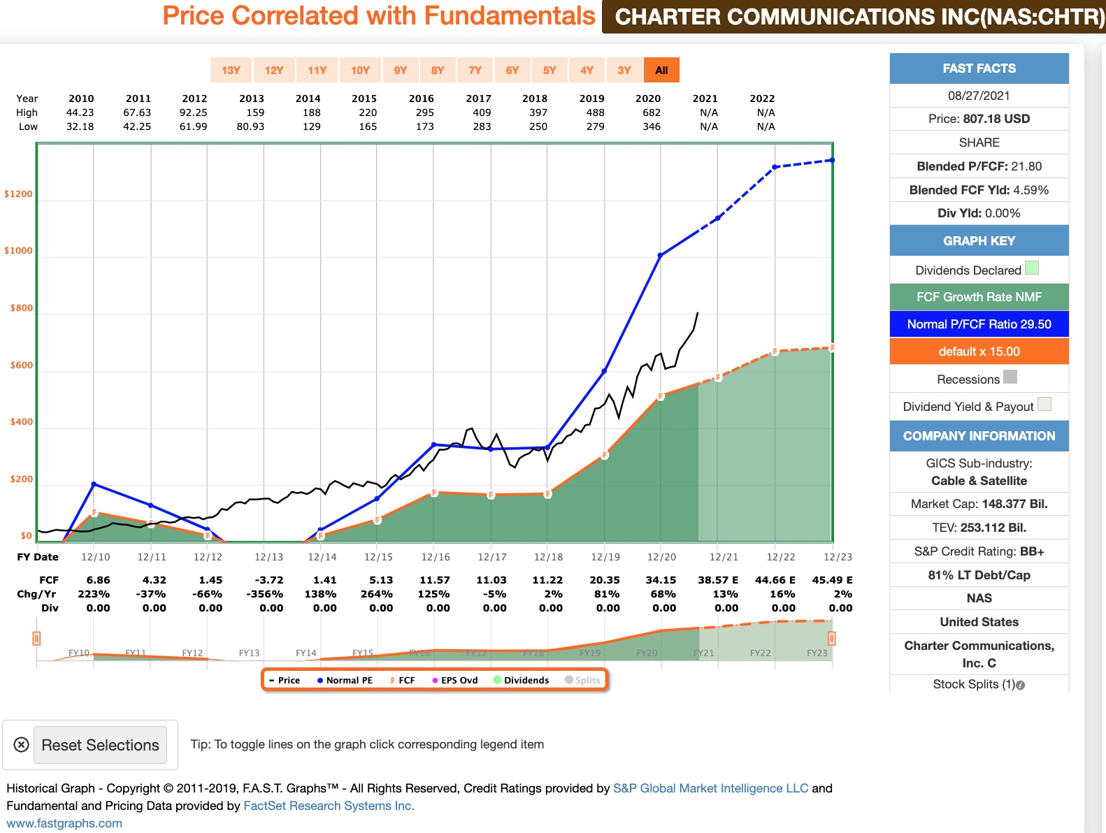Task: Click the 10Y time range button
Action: [360, 70]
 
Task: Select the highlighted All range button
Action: [661, 70]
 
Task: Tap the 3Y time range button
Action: [624, 70]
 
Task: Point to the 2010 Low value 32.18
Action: [80, 126]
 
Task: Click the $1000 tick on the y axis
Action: [19, 251]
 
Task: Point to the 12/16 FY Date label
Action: [436, 557]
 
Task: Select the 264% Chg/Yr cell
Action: [377, 594]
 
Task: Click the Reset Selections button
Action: [100, 745]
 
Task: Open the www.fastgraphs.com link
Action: [64, 823]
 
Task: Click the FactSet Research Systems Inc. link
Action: [329, 806]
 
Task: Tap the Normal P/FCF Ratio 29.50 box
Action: [979, 324]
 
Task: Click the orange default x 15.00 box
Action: [979, 352]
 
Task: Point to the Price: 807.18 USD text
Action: [979, 119]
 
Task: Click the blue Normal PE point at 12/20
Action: [661, 255]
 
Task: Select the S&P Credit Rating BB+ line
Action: [979, 551]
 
